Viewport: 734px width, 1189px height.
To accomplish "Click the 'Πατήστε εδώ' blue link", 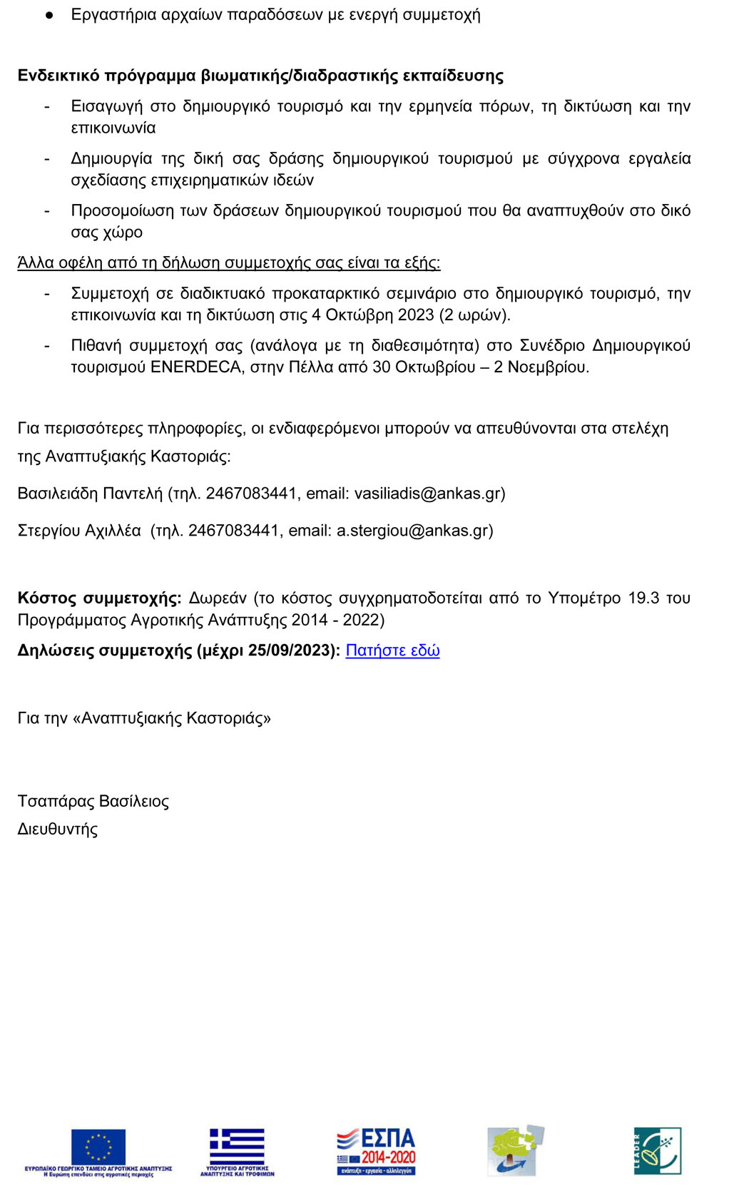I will [392, 650].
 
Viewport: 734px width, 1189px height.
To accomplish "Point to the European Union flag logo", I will [98, 1146].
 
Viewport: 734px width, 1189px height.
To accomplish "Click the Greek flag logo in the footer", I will [237, 1146].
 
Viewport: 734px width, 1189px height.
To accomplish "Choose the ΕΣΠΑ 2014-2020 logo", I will [376, 1150].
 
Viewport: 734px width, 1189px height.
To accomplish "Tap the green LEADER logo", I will [658, 1150].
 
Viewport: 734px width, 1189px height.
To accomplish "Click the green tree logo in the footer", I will [515, 1150].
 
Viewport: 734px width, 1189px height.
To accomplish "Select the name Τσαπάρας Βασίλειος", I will [93, 802].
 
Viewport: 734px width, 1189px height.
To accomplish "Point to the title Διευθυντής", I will [58, 830].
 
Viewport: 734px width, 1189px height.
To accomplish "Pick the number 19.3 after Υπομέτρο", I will [643, 598].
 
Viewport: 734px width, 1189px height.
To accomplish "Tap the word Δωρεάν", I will [218, 598].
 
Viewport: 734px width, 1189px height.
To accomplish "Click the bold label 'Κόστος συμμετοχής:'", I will [99, 598].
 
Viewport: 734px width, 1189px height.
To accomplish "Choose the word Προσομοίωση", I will [123, 211].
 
